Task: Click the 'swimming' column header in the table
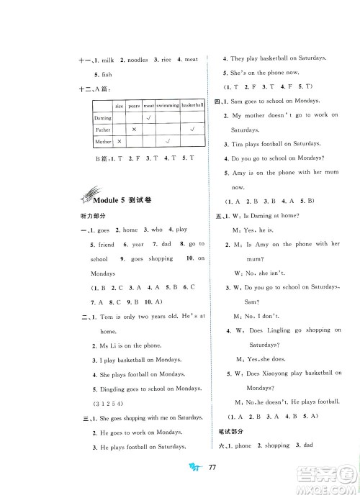click(168, 106)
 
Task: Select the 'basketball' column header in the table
click(192, 106)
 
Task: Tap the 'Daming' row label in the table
click(103, 117)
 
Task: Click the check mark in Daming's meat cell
click(148, 117)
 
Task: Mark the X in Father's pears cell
click(134, 130)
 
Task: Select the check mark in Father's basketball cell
click(192, 130)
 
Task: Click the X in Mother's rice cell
click(120, 142)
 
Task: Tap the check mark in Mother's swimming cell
click(168, 142)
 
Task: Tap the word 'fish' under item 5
click(109, 75)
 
